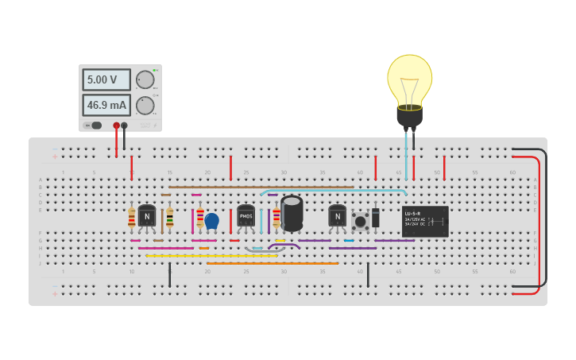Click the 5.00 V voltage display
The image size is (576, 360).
[x=106, y=79]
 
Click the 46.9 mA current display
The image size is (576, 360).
[x=106, y=105]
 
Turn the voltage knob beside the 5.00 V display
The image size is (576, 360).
[x=145, y=79]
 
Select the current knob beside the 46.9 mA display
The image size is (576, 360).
[x=145, y=105]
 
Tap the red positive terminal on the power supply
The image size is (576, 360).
[x=116, y=126]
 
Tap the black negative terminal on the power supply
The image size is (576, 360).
[x=124, y=126]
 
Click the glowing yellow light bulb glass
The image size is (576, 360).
[x=409, y=79]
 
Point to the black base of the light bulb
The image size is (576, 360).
[x=409, y=117]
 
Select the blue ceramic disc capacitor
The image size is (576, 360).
[x=211, y=219]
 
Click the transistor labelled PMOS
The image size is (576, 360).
[x=245, y=215]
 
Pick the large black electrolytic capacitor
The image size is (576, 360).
[x=292, y=212]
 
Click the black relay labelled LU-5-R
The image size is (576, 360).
[x=425, y=221]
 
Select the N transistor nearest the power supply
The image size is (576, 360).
[x=147, y=215]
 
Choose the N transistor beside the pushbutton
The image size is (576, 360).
[x=338, y=215]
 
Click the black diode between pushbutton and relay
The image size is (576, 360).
[x=376, y=217]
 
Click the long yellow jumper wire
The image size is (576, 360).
[x=211, y=256]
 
